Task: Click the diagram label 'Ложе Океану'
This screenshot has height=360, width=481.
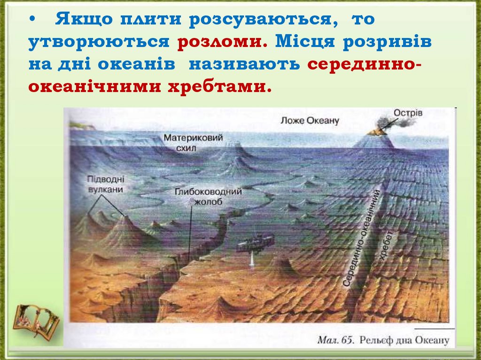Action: pyautogui.click(x=310, y=121)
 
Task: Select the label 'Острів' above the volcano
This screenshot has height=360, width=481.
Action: pyautogui.click(x=408, y=113)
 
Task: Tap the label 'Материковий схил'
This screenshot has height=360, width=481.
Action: pyautogui.click(x=193, y=143)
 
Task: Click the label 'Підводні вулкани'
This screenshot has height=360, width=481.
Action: pyautogui.click(x=105, y=184)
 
